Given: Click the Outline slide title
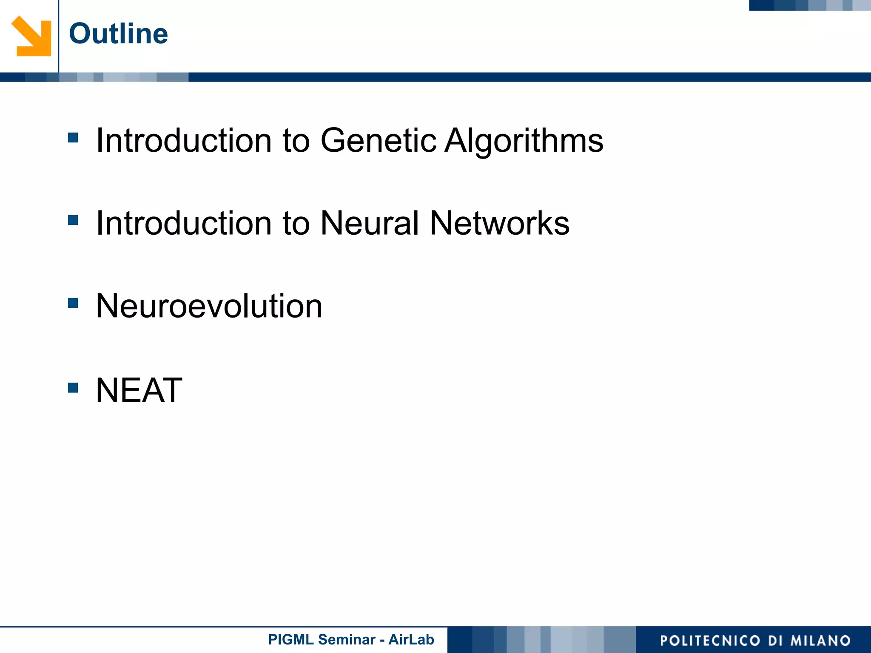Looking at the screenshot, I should pos(118,34).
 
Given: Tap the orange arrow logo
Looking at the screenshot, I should pos(31,36).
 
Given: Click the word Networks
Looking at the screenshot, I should pos(499,223).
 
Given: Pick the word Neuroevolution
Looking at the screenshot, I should pos(209,306).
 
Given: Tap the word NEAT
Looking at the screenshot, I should pos(139,390).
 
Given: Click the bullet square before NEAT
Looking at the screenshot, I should pos(73,388).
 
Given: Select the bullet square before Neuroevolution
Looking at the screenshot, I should pos(73,303).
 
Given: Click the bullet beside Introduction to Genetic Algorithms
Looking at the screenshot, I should pos(73,137).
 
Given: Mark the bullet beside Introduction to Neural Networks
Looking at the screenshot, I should pos(73,220).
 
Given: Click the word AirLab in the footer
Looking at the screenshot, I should pos(411,639).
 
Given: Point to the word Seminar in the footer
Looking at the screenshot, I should pos(347,639).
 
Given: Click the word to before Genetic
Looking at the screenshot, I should pos(296,141).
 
